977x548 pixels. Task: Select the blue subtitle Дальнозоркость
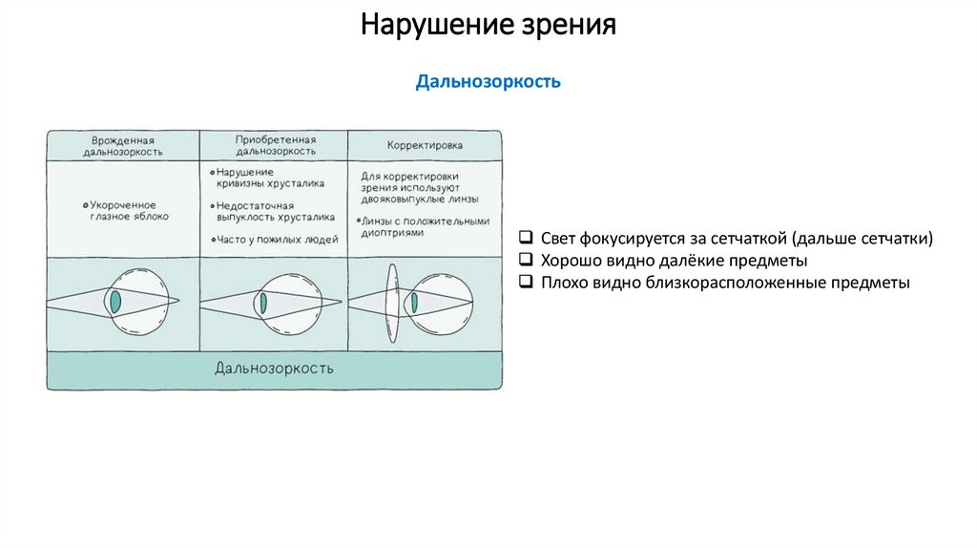click(488, 82)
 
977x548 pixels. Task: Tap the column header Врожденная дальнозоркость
click(122, 145)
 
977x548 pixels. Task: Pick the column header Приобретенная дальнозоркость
click(276, 144)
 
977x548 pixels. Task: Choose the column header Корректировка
click(425, 146)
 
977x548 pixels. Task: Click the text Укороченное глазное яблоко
click(124, 210)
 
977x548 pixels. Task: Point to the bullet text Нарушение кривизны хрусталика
click(269, 178)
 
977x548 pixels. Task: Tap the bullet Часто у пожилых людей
click(277, 240)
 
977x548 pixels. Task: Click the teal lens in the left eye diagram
click(115, 301)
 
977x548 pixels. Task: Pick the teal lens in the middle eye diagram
click(262, 303)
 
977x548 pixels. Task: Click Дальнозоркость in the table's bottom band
click(274, 369)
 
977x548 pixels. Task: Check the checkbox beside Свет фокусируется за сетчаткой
click(527, 238)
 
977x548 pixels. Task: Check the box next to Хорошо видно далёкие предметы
click(527, 260)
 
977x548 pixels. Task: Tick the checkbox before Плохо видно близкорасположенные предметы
click(527, 283)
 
